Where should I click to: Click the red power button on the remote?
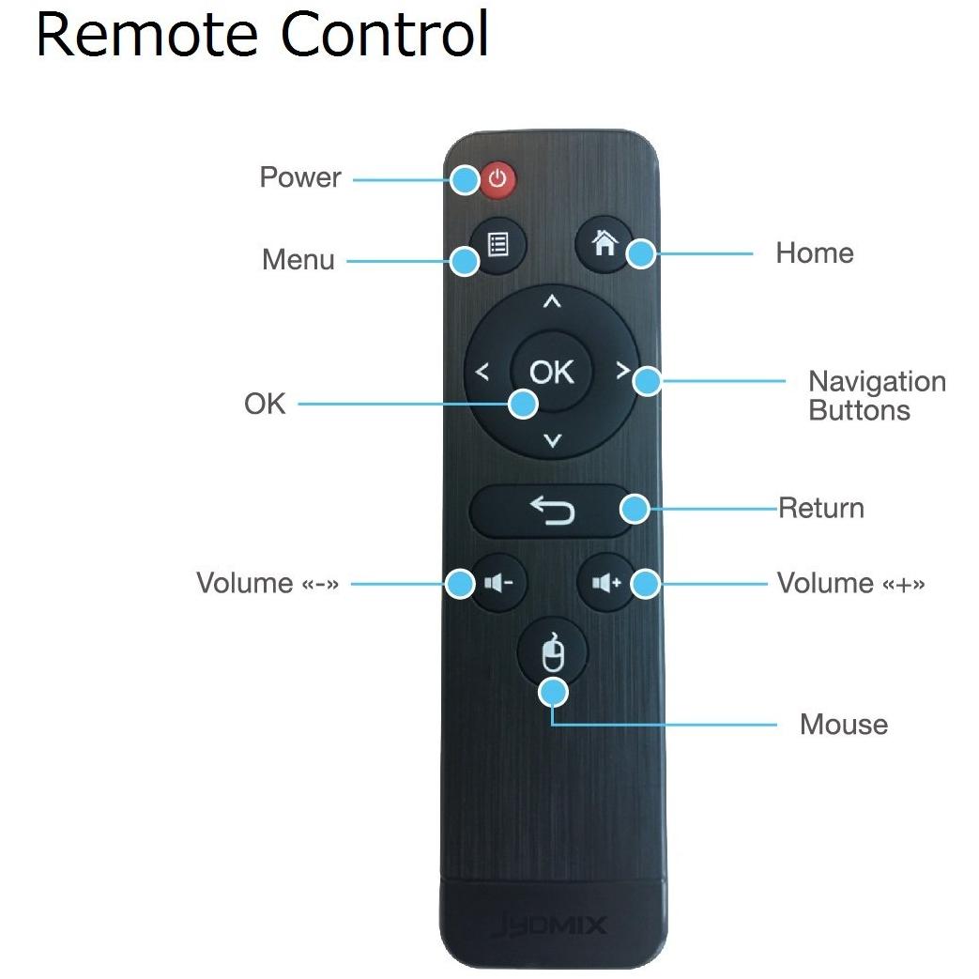tap(497, 180)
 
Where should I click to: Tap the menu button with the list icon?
tap(497, 245)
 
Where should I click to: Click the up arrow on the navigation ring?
tap(551, 301)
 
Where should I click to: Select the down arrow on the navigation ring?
tap(553, 440)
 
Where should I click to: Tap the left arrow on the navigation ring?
tap(482, 372)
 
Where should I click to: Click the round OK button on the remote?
tap(551, 372)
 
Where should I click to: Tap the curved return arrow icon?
tap(553, 510)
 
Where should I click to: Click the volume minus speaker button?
tap(498, 583)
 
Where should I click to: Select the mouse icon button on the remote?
tap(553, 653)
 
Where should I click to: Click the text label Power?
tap(300, 177)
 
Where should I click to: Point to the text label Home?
tap(815, 253)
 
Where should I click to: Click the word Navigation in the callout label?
tap(878, 381)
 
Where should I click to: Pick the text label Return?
tap(821, 508)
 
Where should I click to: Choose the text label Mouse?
tap(844, 725)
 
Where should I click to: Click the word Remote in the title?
tap(147, 34)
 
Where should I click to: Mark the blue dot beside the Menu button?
tap(465, 261)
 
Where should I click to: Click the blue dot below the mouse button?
tap(553, 693)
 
